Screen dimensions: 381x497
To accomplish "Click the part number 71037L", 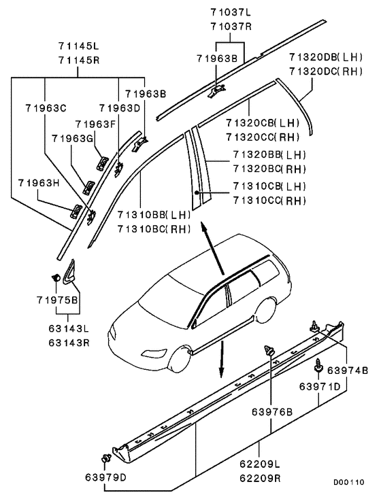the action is (231, 12).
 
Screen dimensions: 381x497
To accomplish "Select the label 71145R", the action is (79, 61).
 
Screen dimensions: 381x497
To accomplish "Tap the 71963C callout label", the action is (46, 108).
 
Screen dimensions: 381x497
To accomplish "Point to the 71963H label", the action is (39, 183).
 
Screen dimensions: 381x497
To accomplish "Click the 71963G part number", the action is (72, 139).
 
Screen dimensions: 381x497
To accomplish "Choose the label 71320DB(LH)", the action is (326, 57).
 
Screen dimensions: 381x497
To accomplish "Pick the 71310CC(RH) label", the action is (269, 201).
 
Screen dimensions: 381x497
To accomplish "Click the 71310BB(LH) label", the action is (154, 215).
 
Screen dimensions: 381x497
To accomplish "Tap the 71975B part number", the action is (57, 300).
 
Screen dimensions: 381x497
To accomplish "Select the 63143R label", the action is (69, 343).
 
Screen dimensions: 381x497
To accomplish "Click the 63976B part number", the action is (272, 412).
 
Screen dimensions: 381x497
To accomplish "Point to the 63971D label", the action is (320, 387).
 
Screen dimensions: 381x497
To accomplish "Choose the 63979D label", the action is (105, 477).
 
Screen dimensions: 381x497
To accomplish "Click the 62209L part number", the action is (260, 464).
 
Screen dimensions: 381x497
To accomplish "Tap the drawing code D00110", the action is (348, 483).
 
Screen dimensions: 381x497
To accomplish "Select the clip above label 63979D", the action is (105, 458).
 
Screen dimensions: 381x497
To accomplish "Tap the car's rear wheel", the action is (266, 310).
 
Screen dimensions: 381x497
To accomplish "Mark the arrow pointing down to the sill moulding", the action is (222, 359).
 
